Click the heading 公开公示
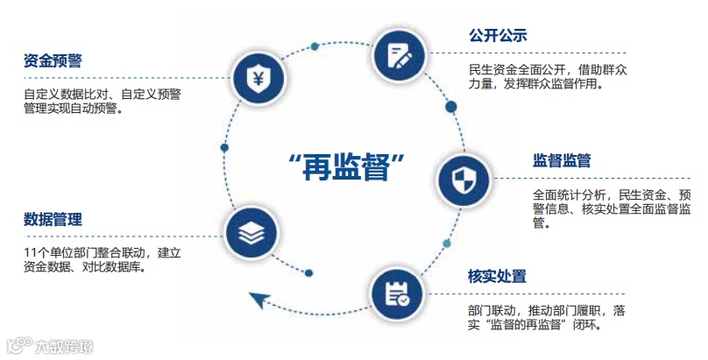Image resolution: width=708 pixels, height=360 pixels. point(497,36)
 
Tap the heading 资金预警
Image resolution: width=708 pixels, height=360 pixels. point(53,61)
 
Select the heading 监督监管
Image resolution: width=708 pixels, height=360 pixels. point(562,161)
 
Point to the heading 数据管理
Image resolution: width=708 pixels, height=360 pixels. point(53,220)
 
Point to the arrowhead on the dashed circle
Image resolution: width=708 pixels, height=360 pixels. point(259,301)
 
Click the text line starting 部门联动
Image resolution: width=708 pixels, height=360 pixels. point(547,310)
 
